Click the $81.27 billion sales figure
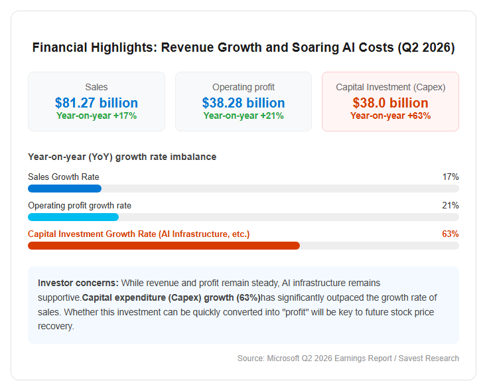pos(96,103)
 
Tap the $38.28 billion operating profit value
pos(243,103)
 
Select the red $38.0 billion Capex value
pos(390,103)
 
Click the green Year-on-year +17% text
pos(96,116)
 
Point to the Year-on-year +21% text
pos(243,116)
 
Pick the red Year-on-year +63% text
pos(390,116)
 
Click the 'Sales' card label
pos(96,87)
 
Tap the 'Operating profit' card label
pos(243,88)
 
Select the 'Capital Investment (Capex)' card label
pos(390,88)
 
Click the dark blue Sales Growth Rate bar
pos(64,189)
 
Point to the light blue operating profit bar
pos(73,217)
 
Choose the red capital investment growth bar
pos(164,246)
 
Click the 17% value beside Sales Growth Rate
pos(451,177)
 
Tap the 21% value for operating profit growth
pos(451,205)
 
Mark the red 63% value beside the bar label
pos(451,234)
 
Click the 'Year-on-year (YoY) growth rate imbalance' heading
pos(122,157)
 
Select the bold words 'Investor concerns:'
pos(78,283)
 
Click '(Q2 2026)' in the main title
pos(427,48)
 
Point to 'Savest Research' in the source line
pos(429,358)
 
